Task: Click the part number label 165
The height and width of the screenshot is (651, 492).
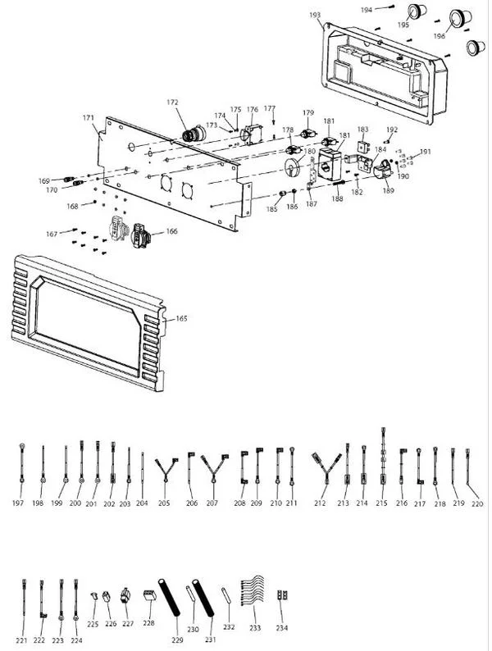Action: pyautogui.click(x=181, y=318)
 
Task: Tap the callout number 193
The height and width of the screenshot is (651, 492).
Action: pyautogui.click(x=315, y=15)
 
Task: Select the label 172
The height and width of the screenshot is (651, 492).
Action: pyautogui.click(x=172, y=102)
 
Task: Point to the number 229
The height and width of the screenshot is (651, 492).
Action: pyautogui.click(x=177, y=640)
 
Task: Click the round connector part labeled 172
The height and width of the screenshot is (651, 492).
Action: pyautogui.click(x=194, y=134)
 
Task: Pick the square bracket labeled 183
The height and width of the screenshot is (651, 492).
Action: pyautogui.click(x=363, y=146)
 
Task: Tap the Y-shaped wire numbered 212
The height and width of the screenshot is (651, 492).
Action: pyautogui.click(x=326, y=468)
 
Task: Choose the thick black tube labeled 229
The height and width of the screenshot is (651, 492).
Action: pyautogui.click(x=169, y=598)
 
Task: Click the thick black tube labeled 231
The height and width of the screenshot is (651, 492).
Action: pyautogui.click(x=203, y=598)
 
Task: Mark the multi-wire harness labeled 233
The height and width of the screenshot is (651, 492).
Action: pyautogui.click(x=252, y=591)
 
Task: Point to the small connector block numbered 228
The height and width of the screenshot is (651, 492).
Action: pyautogui.click(x=149, y=595)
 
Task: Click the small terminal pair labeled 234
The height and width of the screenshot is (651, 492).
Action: pyautogui.click(x=282, y=595)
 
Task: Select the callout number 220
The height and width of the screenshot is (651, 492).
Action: pyautogui.click(x=477, y=503)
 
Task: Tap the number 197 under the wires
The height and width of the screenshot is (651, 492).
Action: pyautogui.click(x=18, y=503)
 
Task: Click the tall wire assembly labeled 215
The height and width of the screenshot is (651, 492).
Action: pyautogui.click(x=383, y=456)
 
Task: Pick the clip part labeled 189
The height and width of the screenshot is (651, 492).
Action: pyautogui.click(x=384, y=170)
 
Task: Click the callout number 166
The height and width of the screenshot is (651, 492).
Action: pyautogui.click(x=171, y=231)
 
